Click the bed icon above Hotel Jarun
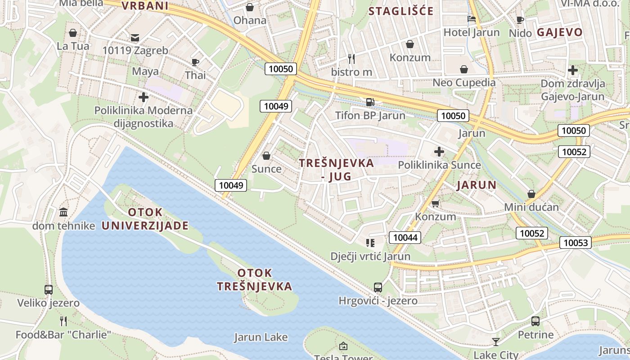click(x=471, y=19)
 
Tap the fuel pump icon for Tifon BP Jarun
click(x=370, y=102)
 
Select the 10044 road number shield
click(x=405, y=238)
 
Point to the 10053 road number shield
click(x=576, y=243)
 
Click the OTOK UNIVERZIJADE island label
click(x=145, y=219)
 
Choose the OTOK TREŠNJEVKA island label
click(x=255, y=279)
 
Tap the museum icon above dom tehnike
click(x=63, y=212)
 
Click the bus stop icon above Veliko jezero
click(x=49, y=289)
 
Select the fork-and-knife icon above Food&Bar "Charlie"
click(x=63, y=321)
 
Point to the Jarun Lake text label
click(x=261, y=337)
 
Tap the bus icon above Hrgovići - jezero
click(x=378, y=287)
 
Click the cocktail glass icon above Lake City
click(x=496, y=342)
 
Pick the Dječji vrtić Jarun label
click(x=370, y=256)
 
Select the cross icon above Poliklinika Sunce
click(x=439, y=152)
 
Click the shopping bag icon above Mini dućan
click(x=531, y=194)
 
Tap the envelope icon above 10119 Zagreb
click(x=135, y=37)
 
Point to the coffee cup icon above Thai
click(x=195, y=62)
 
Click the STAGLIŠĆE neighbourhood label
click(x=401, y=11)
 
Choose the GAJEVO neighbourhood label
click(x=560, y=32)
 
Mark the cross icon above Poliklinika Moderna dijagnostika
click(x=144, y=97)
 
